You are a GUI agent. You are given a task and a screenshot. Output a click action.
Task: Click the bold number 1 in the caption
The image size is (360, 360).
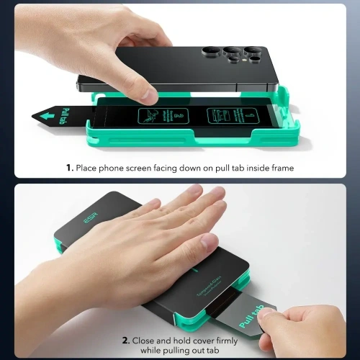[70, 168]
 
